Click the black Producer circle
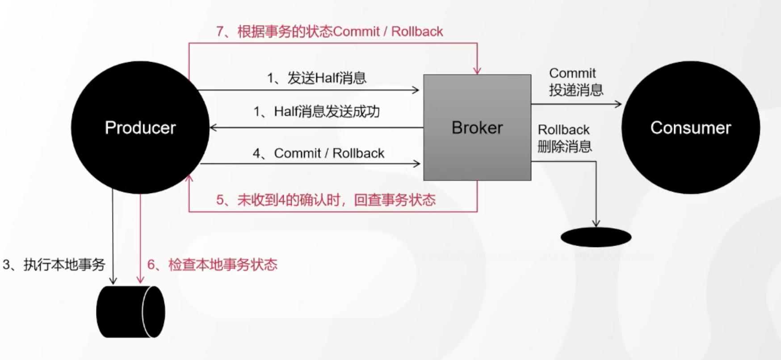click(140, 127)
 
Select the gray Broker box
click(477, 127)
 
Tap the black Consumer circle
click(690, 127)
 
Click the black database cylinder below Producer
click(130, 312)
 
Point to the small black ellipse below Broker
click(596, 237)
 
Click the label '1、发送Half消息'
click(316, 78)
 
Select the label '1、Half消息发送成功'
click(316, 111)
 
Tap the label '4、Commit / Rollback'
click(318, 153)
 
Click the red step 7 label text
click(329, 32)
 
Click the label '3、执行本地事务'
click(54, 264)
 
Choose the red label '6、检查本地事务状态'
click(212, 264)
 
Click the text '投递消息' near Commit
click(576, 90)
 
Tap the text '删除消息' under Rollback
click(565, 146)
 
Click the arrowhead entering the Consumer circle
click(618, 104)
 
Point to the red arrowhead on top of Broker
click(477, 71)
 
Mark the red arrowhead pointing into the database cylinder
click(140, 280)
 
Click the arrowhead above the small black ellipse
click(596, 223)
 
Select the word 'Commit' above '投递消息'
click(572, 73)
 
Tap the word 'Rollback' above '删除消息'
click(563, 130)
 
